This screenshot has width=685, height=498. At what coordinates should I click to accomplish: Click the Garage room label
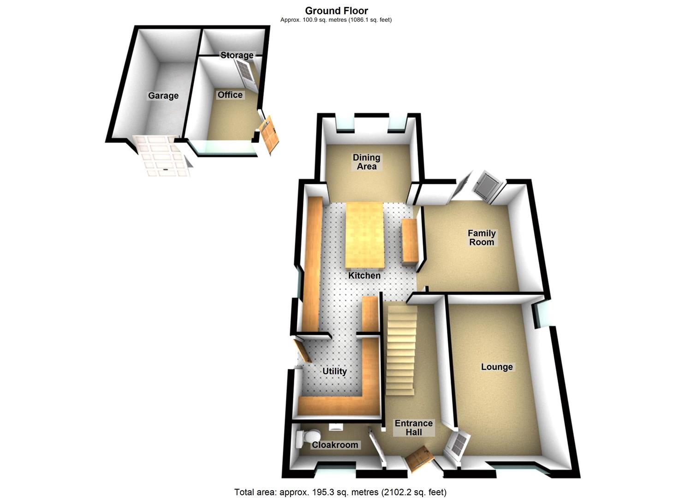pos(163,95)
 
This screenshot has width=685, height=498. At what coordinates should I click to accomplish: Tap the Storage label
pos(237,55)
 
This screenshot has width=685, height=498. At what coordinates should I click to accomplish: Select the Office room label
pos(230,95)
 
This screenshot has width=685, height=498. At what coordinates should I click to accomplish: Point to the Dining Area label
pos(366,162)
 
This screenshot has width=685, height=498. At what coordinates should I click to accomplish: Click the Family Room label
pos(482,237)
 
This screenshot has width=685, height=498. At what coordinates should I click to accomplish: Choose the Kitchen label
pos(364,275)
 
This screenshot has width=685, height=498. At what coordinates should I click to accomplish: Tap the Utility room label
pos(334,371)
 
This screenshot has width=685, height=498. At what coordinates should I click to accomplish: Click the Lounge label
pos(497,367)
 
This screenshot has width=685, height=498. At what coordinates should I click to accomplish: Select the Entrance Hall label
pos(414,427)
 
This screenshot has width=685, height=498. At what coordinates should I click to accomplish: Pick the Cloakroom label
pos(335,445)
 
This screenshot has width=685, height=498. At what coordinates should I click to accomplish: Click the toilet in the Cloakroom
pos(306,437)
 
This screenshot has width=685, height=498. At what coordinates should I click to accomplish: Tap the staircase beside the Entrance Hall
pos(401,348)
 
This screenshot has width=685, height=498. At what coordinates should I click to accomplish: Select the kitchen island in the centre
pos(364,235)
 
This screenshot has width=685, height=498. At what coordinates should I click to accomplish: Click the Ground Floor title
pos(336,11)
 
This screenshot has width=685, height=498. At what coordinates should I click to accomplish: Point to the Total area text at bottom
pos(340,492)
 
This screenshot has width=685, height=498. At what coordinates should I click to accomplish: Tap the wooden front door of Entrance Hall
pos(419,458)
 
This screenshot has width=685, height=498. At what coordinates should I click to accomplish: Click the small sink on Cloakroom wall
pos(336,427)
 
